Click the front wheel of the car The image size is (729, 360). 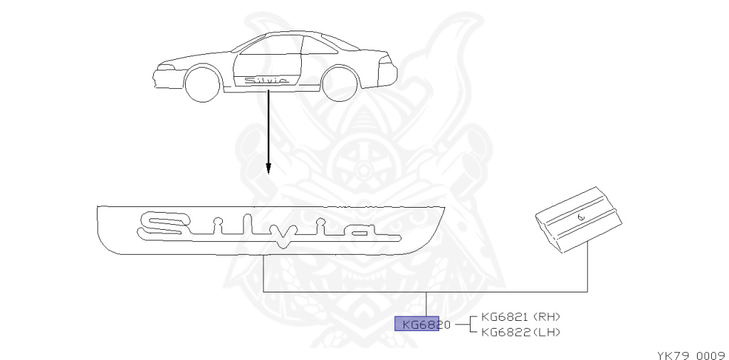click(x=202, y=84)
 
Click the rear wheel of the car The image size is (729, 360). click(x=340, y=84)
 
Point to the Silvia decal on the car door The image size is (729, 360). click(x=266, y=81)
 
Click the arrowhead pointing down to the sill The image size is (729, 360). click(x=268, y=169)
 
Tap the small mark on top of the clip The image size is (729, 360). click(x=580, y=216)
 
